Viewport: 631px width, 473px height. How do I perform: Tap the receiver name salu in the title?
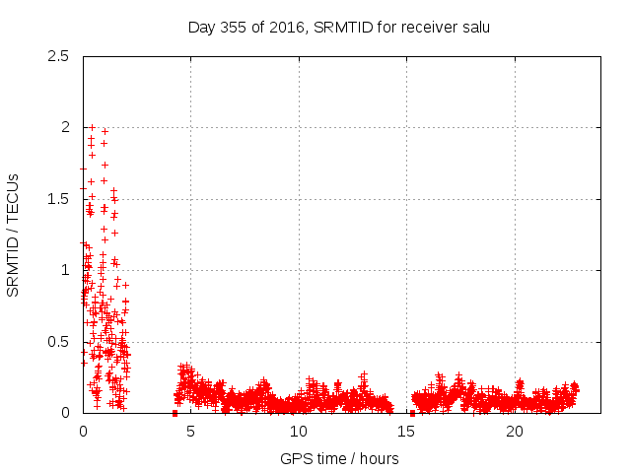pyautogui.click(x=473, y=27)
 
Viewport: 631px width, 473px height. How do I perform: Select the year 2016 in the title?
pyautogui.click(x=287, y=27)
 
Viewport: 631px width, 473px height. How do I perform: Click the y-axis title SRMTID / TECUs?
pyautogui.click(x=14, y=235)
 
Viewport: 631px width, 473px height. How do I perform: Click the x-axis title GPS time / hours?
pyautogui.click(x=339, y=458)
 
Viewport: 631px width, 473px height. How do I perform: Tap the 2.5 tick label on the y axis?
pyautogui.click(x=58, y=56)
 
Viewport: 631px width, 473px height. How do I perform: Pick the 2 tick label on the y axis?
pyautogui.click(x=64, y=127)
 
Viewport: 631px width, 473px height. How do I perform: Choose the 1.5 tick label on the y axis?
pyautogui.click(x=58, y=199)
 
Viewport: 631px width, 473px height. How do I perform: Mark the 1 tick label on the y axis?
pyautogui.click(x=64, y=270)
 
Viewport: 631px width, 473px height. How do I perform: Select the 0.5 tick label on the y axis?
pyautogui.click(x=58, y=342)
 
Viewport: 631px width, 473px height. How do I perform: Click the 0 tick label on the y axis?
pyautogui.click(x=64, y=413)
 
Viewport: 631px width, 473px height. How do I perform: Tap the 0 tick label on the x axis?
pyautogui.click(x=83, y=432)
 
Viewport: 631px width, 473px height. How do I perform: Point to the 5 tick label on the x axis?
pyautogui.click(x=190, y=432)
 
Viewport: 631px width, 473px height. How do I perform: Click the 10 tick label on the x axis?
pyautogui.click(x=299, y=432)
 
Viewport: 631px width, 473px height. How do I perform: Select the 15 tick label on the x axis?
pyautogui.click(x=406, y=432)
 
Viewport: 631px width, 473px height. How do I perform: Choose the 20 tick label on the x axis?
pyautogui.click(x=515, y=432)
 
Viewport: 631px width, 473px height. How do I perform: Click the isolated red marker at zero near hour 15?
pyautogui.click(x=412, y=413)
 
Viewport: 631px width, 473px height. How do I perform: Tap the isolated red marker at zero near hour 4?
pyautogui.click(x=175, y=413)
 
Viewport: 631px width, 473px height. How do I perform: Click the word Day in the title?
pyautogui.click(x=201, y=27)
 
